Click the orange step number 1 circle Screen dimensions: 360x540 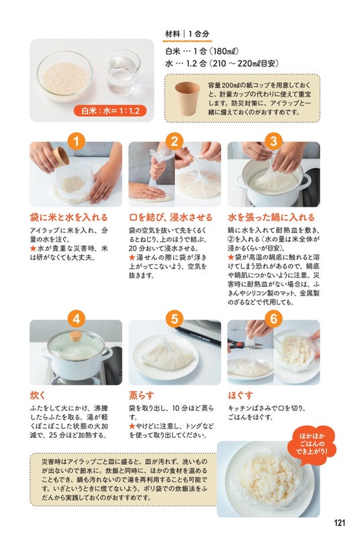coord(76,141)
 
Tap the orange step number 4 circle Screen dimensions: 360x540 coord(76,319)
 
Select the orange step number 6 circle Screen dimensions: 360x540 coord(273,319)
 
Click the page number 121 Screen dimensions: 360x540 coord(339,523)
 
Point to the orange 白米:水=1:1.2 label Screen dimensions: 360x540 coord(110,111)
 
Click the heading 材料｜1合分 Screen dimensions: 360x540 coord(187,34)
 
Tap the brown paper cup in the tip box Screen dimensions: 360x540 coord(187,98)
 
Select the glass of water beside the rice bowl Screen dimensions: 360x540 coord(123,72)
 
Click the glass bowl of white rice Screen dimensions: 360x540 coord(64,76)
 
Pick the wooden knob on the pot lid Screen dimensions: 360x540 coord(75,335)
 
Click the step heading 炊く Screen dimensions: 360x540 coord(38,395)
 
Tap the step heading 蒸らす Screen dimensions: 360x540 coord(141,395)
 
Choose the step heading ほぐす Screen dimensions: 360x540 coord(240,395)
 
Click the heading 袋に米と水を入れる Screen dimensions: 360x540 coord(69,218)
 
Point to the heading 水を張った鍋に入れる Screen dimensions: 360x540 coord(271,218)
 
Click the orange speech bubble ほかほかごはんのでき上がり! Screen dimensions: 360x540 coord(312,444)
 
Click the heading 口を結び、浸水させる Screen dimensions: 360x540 coord(171,218)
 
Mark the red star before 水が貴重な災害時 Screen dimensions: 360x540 coord(33,249)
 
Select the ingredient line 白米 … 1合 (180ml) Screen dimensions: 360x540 coord(201,52)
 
